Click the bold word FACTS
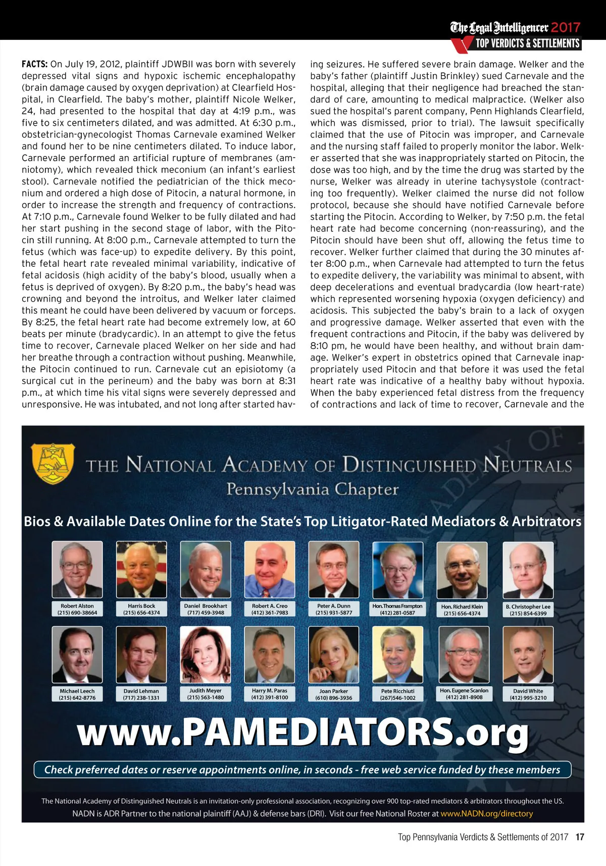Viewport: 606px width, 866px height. point(34,64)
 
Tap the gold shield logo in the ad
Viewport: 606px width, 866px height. point(53,463)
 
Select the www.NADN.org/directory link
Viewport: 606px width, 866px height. point(486,813)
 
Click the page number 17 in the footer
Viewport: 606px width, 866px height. point(580,837)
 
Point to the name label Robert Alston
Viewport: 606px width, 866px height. point(77,606)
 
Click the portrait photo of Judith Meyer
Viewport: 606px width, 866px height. point(206,654)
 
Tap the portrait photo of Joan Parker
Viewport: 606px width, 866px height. point(334,654)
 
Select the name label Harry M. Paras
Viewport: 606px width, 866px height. point(270,691)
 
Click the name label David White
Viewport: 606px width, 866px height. point(528,691)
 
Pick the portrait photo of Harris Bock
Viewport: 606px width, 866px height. point(141,569)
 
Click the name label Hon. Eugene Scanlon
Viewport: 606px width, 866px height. point(464,690)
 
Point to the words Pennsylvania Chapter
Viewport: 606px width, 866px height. point(312,489)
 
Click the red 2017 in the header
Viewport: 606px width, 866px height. point(566,27)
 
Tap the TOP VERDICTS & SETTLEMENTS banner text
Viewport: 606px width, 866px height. point(527,43)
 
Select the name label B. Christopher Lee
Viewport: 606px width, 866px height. point(528,606)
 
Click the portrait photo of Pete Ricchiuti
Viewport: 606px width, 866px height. point(398,654)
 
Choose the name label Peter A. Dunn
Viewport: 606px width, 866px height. point(334,606)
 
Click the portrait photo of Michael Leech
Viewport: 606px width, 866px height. point(77,654)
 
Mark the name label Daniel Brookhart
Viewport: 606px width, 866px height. point(206,606)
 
